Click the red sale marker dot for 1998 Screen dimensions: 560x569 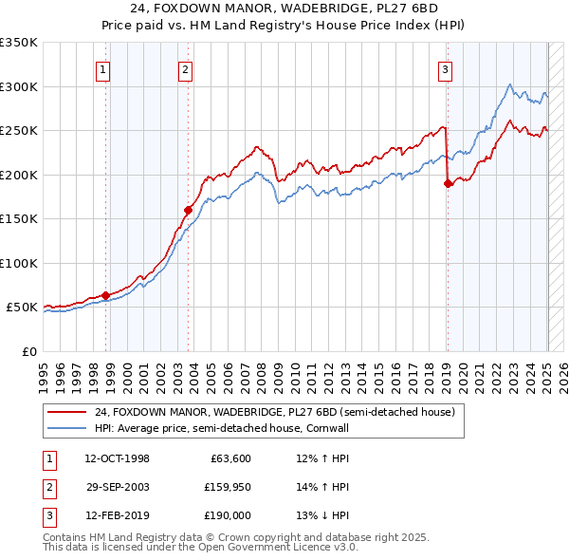pos(105,295)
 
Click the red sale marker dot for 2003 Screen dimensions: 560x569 pos(188,210)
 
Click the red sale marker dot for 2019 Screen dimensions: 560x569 pos(448,184)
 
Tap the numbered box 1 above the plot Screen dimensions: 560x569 pos(101,68)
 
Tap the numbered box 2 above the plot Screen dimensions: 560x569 pos(185,68)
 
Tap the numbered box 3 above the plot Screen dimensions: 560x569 pos(445,68)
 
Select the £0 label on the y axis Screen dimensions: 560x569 pos(28,351)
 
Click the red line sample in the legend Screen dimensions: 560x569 pos(68,412)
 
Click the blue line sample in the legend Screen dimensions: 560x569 pos(68,429)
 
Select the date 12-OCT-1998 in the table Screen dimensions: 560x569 pos(117,458)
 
